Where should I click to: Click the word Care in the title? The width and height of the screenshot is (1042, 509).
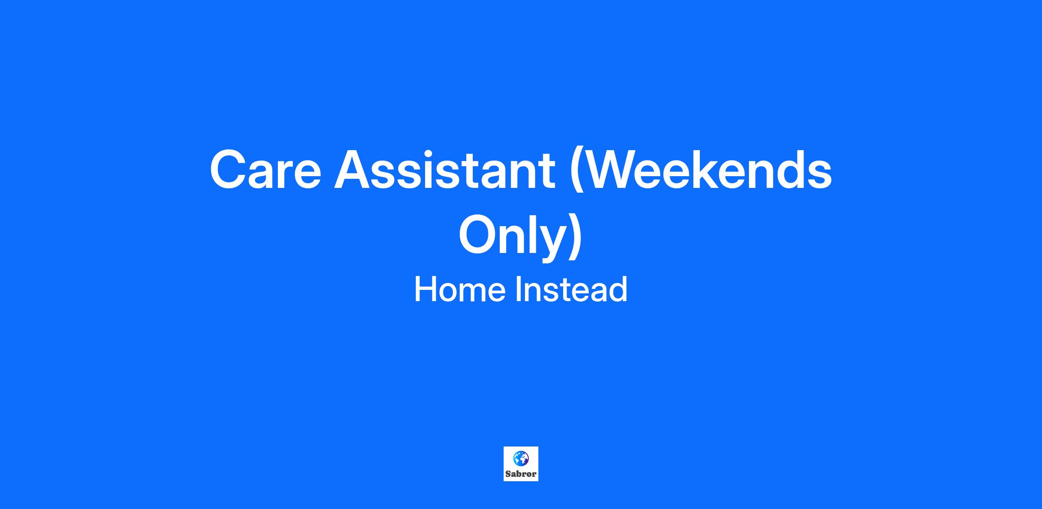click(x=265, y=169)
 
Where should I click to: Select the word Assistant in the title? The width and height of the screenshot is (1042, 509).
click(x=445, y=169)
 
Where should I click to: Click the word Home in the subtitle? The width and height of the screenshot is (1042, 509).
click(x=459, y=289)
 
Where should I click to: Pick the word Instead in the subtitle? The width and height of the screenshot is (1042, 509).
click(x=571, y=289)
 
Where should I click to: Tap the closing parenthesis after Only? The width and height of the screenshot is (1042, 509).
click(x=575, y=237)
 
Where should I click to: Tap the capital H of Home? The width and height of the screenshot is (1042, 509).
click(x=425, y=289)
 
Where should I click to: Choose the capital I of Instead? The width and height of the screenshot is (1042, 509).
click(x=518, y=289)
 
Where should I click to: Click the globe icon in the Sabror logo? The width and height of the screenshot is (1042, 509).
click(x=521, y=458)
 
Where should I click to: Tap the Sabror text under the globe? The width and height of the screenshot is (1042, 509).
click(x=521, y=474)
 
